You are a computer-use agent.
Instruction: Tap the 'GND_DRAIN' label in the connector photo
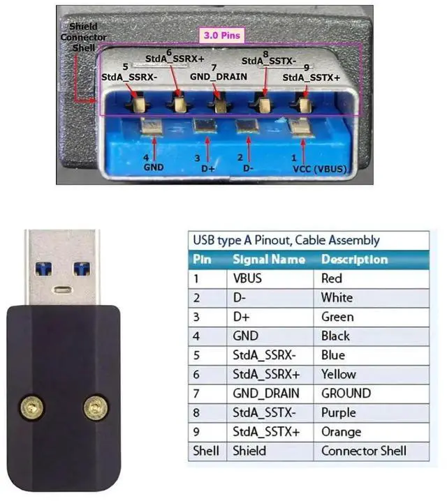point(219,75)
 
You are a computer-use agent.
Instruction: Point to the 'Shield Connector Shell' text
point(83,36)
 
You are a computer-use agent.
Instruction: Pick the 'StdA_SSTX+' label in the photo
point(312,78)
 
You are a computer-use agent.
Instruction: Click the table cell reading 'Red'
point(331,278)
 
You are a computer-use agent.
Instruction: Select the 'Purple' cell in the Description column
point(338,413)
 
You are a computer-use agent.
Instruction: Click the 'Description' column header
point(354,259)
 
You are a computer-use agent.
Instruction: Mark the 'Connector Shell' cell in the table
point(363,451)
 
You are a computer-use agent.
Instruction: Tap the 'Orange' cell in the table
point(341,432)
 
